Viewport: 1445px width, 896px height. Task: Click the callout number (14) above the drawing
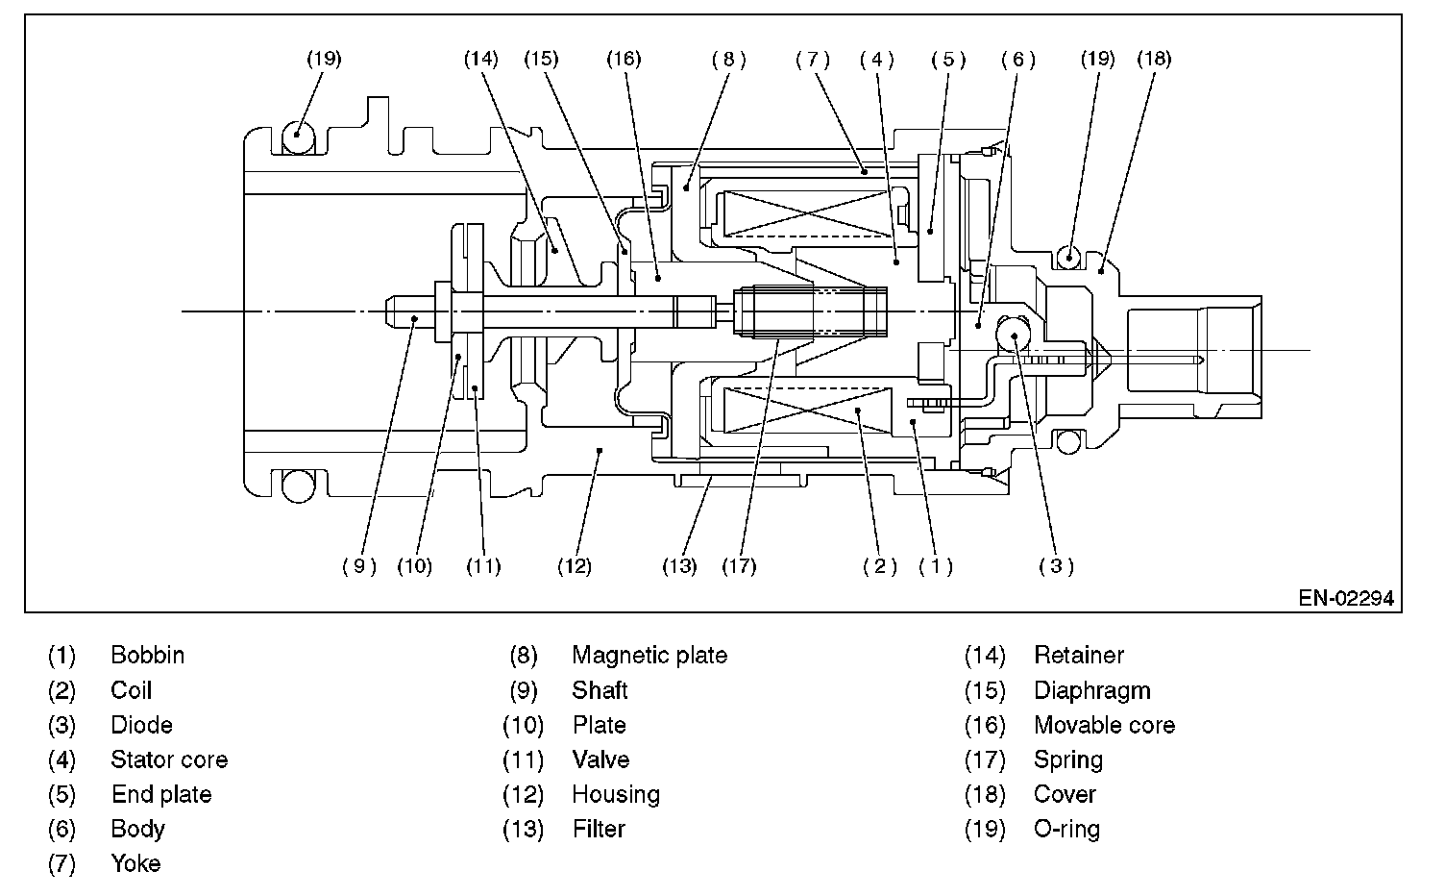[481, 60]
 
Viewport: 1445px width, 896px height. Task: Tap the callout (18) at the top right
[1154, 60]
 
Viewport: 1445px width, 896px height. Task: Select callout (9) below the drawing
[359, 566]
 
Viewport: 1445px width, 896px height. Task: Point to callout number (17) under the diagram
[739, 566]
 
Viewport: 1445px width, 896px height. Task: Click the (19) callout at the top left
[324, 60]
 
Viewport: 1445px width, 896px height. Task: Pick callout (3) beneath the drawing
[1056, 566]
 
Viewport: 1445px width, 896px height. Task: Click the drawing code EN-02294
[1346, 598]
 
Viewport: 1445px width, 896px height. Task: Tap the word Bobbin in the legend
[148, 656]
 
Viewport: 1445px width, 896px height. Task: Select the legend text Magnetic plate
[649, 656]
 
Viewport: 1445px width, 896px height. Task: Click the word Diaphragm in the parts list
[1092, 690]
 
